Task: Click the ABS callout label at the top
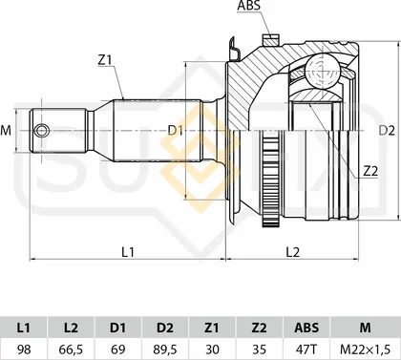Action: click(x=249, y=6)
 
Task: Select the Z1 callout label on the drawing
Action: click(x=106, y=60)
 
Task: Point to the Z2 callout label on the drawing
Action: click(x=370, y=172)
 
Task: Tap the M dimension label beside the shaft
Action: click(x=6, y=131)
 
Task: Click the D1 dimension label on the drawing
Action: click(x=176, y=130)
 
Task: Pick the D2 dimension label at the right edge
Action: click(x=387, y=131)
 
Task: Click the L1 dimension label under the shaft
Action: click(x=128, y=252)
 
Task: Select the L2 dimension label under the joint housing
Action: click(x=293, y=252)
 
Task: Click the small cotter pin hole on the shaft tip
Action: click(x=42, y=131)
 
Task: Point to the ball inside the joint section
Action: click(x=322, y=72)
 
